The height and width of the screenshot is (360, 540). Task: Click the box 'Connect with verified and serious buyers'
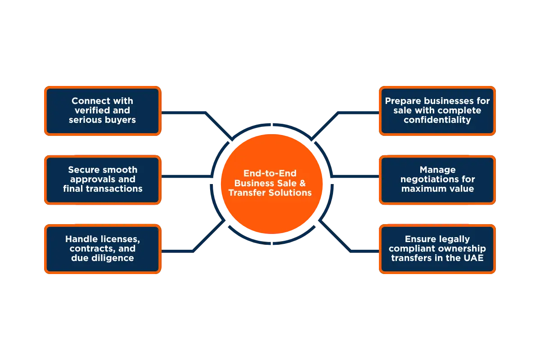(103, 111)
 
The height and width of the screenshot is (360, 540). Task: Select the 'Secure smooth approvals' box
(103, 179)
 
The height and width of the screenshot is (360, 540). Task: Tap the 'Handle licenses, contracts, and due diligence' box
(103, 248)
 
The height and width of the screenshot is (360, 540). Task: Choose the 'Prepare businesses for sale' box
(437, 111)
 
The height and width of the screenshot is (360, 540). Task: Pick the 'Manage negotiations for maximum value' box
(437, 179)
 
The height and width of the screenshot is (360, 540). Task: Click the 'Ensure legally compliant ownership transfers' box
(437, 248)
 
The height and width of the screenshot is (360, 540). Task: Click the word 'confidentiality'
(437, 120)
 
